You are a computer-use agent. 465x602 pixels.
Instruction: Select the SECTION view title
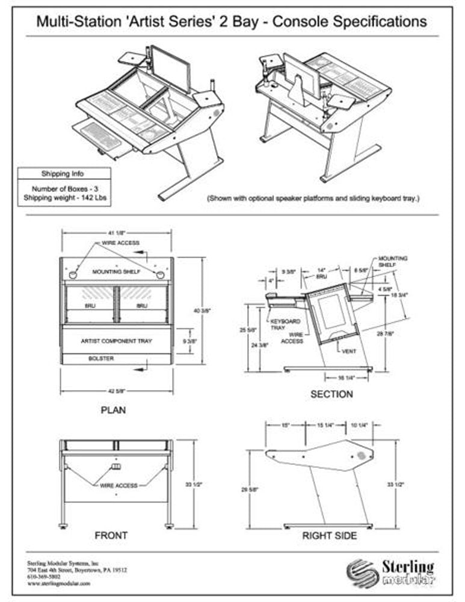tap(331, 394)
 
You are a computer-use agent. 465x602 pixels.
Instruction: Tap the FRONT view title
tap(111, 535)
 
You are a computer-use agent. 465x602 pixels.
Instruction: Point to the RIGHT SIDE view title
tap(329, 535)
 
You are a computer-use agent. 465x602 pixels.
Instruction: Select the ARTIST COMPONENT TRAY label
tap(117, 341)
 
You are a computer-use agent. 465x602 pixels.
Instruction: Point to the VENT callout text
tap(349, 351)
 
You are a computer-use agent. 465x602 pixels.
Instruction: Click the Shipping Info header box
tap(63, 174)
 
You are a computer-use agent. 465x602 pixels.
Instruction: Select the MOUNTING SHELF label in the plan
tap(116, 272)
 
